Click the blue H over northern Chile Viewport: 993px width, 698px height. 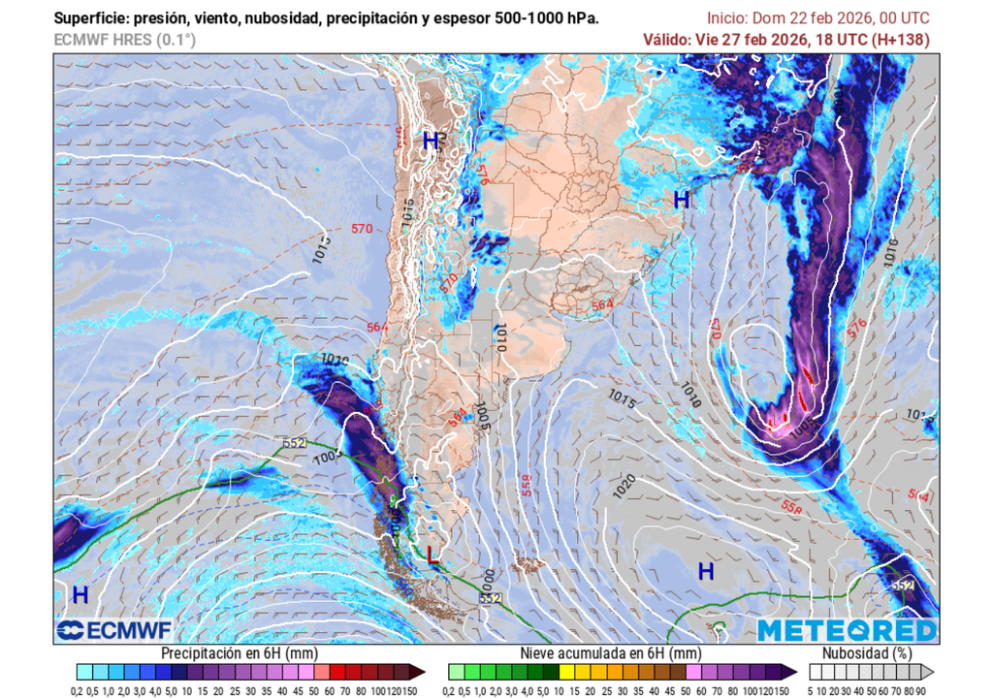pos(431,141)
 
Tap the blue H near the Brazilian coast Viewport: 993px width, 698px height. pos(682,201)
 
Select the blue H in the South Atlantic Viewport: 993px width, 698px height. pos(706,571)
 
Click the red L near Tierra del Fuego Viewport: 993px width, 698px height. pos(432,555)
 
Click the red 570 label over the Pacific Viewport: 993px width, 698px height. pos(362,230)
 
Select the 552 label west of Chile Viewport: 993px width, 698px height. pos(295,443)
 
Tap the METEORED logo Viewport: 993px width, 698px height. pos(848,631)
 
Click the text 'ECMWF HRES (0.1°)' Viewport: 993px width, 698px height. pos(124,40)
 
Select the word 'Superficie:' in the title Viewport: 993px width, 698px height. pos(90,18)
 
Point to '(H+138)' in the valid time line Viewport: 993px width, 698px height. pos(899,40)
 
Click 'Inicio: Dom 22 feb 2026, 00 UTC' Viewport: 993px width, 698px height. pos(817,18)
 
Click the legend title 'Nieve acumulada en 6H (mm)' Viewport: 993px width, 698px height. pos(611,653)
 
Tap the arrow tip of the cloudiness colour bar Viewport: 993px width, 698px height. pos(930,671)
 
